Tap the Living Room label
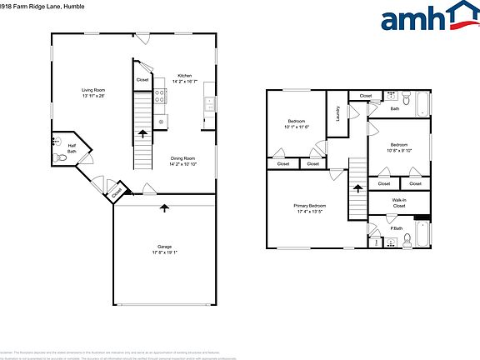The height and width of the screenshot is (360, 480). click(x=92, y=92)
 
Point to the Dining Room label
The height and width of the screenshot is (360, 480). click(x=182, y=160)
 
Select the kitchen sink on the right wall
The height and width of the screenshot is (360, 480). click(x=208, y=104)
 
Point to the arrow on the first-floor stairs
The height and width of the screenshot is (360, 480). click(x=142, y=132)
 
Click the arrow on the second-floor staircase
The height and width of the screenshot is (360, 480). click(x=358, y=189)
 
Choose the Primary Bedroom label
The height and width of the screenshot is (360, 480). click(x=309, y=208)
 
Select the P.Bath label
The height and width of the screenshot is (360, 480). click(x=397, y=228)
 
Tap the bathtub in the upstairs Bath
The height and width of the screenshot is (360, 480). click(x=422, y=105)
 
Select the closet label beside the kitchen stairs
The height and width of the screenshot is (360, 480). click(x=142, y=80)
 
